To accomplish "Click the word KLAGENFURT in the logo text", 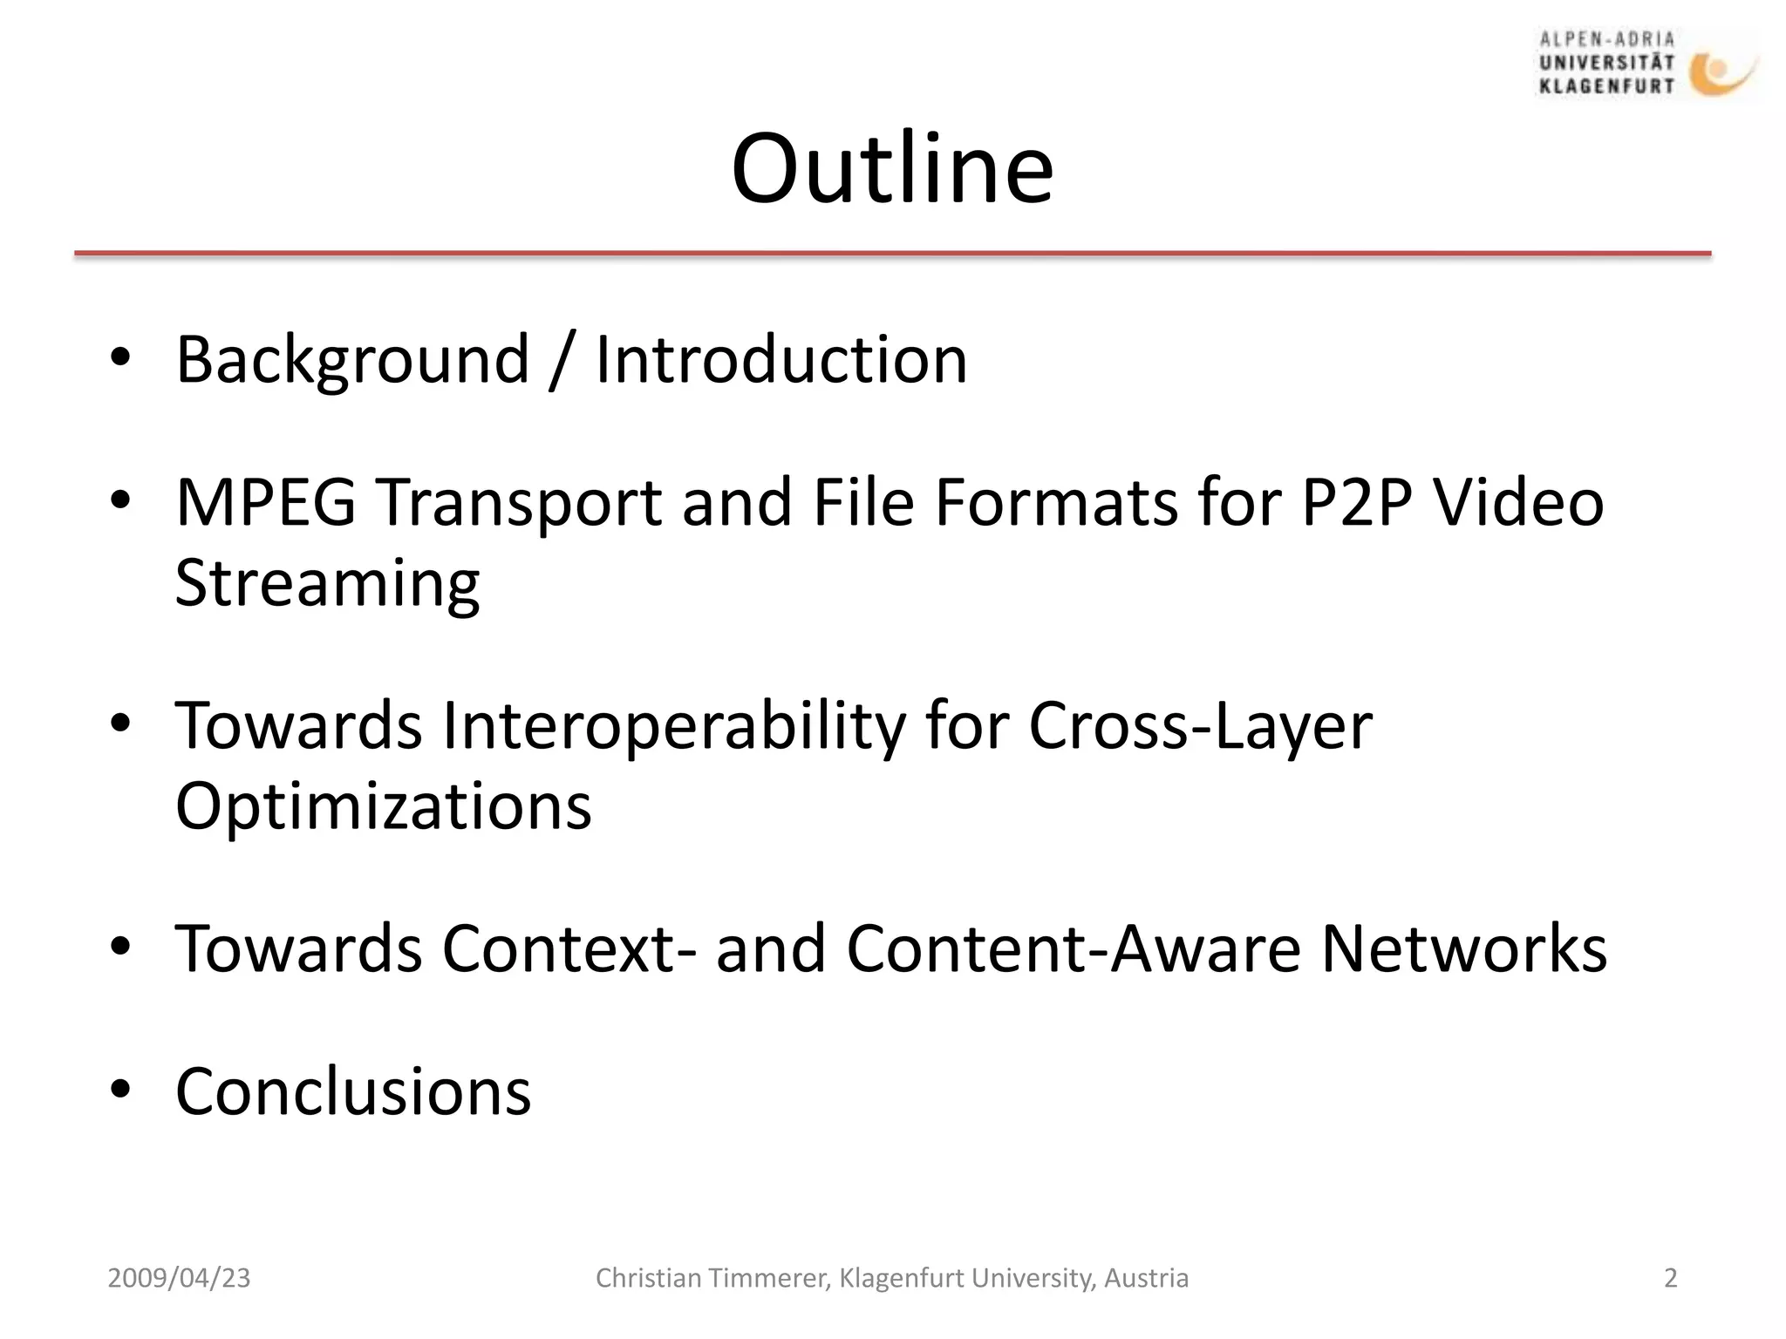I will coord(1606,86).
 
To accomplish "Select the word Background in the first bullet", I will coord(352,360).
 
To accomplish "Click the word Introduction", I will coord(781,360).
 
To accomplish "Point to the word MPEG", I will coord(266,503).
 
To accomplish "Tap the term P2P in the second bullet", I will coord(1356,503).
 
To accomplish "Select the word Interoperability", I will coord(673,726).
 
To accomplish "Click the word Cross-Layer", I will coord(1201,726).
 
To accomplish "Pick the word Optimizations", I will coord(384,806).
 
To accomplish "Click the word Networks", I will coord(1464,948).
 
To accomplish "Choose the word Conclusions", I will coord(353,1091).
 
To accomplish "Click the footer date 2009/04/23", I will coord(179,1278).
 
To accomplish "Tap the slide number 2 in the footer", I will coord(1670,1278).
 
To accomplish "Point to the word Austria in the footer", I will coord(1146,1278).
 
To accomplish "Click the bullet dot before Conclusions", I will coord(120,1089).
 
